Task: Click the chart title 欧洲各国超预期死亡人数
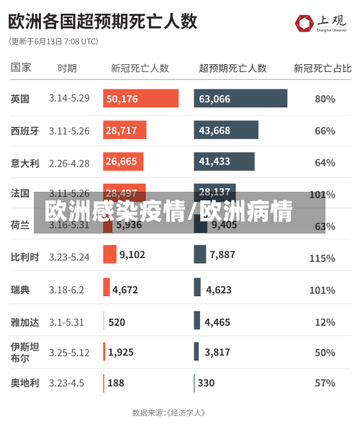click(x=103, y=21)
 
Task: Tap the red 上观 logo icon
click(x=305, y=24)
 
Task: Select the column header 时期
click(x=67, y=68)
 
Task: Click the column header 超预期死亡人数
click(x=233, y=68)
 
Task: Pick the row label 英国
click(x=20, y=99)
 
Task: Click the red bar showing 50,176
click(x=140, y=99)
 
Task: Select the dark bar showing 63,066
click(x=240, y=99)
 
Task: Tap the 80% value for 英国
click(x=325, y=99)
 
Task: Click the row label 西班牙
click(x=24, y=131)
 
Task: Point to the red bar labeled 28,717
click(x=125, y=130)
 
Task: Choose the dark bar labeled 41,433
click(x=224, y=161)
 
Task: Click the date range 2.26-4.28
click(x=69, y=163)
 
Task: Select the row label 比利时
click(x=24, y=257)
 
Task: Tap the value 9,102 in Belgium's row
click(x=132, y=254)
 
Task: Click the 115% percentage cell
click(x=322, y=257)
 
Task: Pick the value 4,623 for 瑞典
click(x=219, y=290)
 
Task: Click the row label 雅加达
click(x=24, y=321)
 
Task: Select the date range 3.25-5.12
click(x=69, y=352)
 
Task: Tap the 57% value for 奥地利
click(x=325, y=383)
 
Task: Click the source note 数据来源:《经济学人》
click(x=169, y=413)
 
